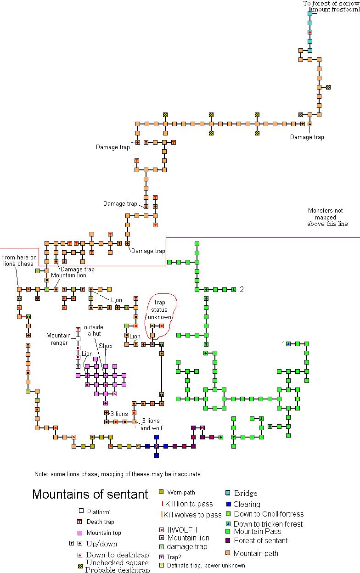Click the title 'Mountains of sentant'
[x=90, y=494]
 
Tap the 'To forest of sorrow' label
[x=331, y=4]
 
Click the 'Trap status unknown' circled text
[x=159, y=309]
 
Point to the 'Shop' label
[x=106, y=346]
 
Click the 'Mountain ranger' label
[x=59, y=339]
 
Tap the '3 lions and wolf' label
[x=152, y=424]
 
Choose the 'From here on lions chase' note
[x=19, y=261]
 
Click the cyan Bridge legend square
[x=228, y=493]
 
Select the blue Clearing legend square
[x=228, y=504]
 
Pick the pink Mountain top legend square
[x=81, y=533]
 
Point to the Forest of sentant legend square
[x=228, y=540]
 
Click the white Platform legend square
[x=81, y=511]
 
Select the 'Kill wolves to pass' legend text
[x=192, y=515]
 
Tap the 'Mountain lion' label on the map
[x=68, y=275]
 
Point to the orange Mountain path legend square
[x=228, y=552]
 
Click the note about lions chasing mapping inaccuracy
[x=117, y=474]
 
